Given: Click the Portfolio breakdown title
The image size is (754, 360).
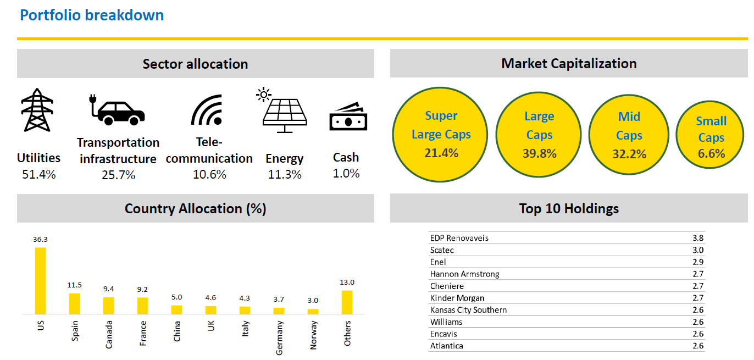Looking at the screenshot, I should [92, 15].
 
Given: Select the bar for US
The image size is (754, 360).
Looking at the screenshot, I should [40, 280].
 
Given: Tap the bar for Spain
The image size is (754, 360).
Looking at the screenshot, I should [74, 303].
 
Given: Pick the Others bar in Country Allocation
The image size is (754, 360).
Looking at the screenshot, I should [347, 302].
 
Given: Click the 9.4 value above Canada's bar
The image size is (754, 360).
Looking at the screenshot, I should [108, 289].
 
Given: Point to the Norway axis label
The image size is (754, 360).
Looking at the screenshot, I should [313, 336].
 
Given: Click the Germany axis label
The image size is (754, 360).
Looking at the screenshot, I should [279, 338].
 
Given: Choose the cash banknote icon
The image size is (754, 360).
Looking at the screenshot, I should [348, 117].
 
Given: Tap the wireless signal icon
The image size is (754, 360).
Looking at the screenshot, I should [207, 110].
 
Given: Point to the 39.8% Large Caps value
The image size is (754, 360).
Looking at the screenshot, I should [539, 154].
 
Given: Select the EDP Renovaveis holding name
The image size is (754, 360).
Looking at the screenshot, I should [459, 238].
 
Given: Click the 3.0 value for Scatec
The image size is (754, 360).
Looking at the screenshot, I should [697, 250].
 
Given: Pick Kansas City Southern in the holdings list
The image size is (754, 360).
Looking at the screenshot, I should [468, 310].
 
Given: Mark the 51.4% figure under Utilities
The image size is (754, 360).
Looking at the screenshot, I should [38, 174].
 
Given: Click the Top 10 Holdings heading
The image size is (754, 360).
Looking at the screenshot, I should [569, 209].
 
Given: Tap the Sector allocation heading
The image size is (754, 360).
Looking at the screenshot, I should [195, 64].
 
